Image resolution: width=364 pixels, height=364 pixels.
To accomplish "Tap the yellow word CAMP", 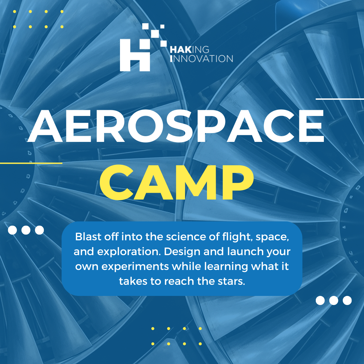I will (x=176, y=183).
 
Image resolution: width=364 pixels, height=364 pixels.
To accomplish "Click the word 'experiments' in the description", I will (x=139, y=267).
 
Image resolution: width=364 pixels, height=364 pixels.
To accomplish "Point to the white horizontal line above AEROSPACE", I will (x=340, y=99).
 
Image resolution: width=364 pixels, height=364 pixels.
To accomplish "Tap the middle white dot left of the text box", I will (x=26, y=230).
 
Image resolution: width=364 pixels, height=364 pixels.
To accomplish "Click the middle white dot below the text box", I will (x=334, y=300).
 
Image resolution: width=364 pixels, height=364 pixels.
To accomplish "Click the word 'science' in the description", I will (x=181, y=237).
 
